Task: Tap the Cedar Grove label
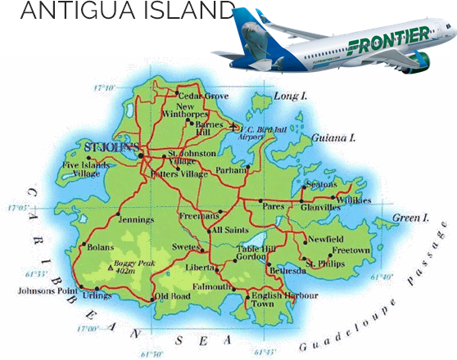(x=205, y=97)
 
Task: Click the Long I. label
(x=290, y=97)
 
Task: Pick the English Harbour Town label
(x=267, y=299)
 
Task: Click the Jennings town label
(x=136, y=219)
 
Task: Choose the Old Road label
(x=172, y=295)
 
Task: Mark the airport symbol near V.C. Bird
(x=238, y=127)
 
